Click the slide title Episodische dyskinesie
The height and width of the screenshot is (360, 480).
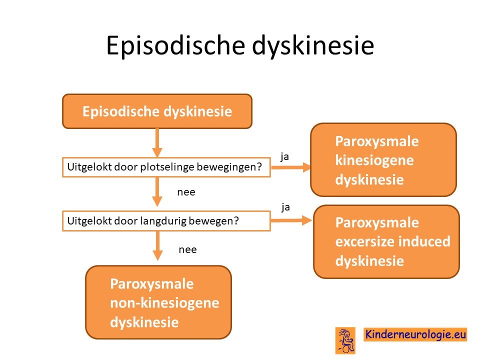[x=240, y=46]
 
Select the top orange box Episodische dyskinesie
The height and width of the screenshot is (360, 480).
[x=157, y=111]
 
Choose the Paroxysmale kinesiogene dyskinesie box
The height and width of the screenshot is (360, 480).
[x=383, y=160]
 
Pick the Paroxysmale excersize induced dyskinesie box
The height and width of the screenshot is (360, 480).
[x=386, y=241]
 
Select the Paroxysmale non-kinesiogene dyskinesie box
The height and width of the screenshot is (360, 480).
[x=158, y=302]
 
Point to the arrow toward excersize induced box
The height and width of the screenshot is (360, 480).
[x=291, y=220]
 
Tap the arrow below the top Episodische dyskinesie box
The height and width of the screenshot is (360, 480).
[x=157, y=143]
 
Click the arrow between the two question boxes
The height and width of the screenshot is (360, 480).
[x=157, y=192]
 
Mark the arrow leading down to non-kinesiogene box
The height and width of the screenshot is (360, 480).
[x=157, y=246]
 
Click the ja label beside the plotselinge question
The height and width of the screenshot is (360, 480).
[x=284, y=156]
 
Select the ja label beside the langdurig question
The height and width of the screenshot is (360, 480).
[x=285, y=207]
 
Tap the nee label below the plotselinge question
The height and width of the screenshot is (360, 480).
[x=186, y=192]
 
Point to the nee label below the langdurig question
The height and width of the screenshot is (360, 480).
[x=187, y=250]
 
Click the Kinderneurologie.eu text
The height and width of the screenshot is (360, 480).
[x=415, y=334]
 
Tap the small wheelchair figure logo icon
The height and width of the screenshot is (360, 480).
[x=345, y=340]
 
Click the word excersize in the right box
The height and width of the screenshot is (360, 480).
[x=363, y=241]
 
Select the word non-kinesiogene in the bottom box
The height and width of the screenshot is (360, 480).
[x=164, y=303]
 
